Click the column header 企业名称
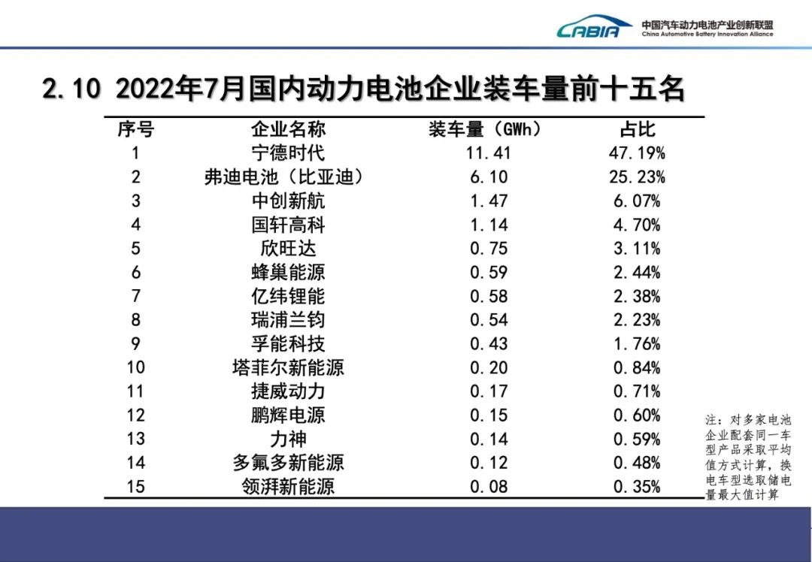[288, 129]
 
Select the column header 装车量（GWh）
[485, 129]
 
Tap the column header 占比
[637, 129]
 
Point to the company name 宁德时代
[288, 153]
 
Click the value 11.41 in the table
[489, 153]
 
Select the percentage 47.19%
[637, 153]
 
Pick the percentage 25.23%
[637, 177]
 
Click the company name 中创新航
[288, 201]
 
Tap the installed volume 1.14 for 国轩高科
[489, 225]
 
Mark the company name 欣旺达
[288, 249]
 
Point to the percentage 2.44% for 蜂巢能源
[637, 272]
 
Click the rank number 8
[135, 320]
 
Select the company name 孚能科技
[288, 344]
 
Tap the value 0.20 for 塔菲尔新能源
[489, 367]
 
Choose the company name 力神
[288, 439]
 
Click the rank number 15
[135, 486]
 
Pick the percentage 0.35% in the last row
[637, 486]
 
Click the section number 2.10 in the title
[71, 89]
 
